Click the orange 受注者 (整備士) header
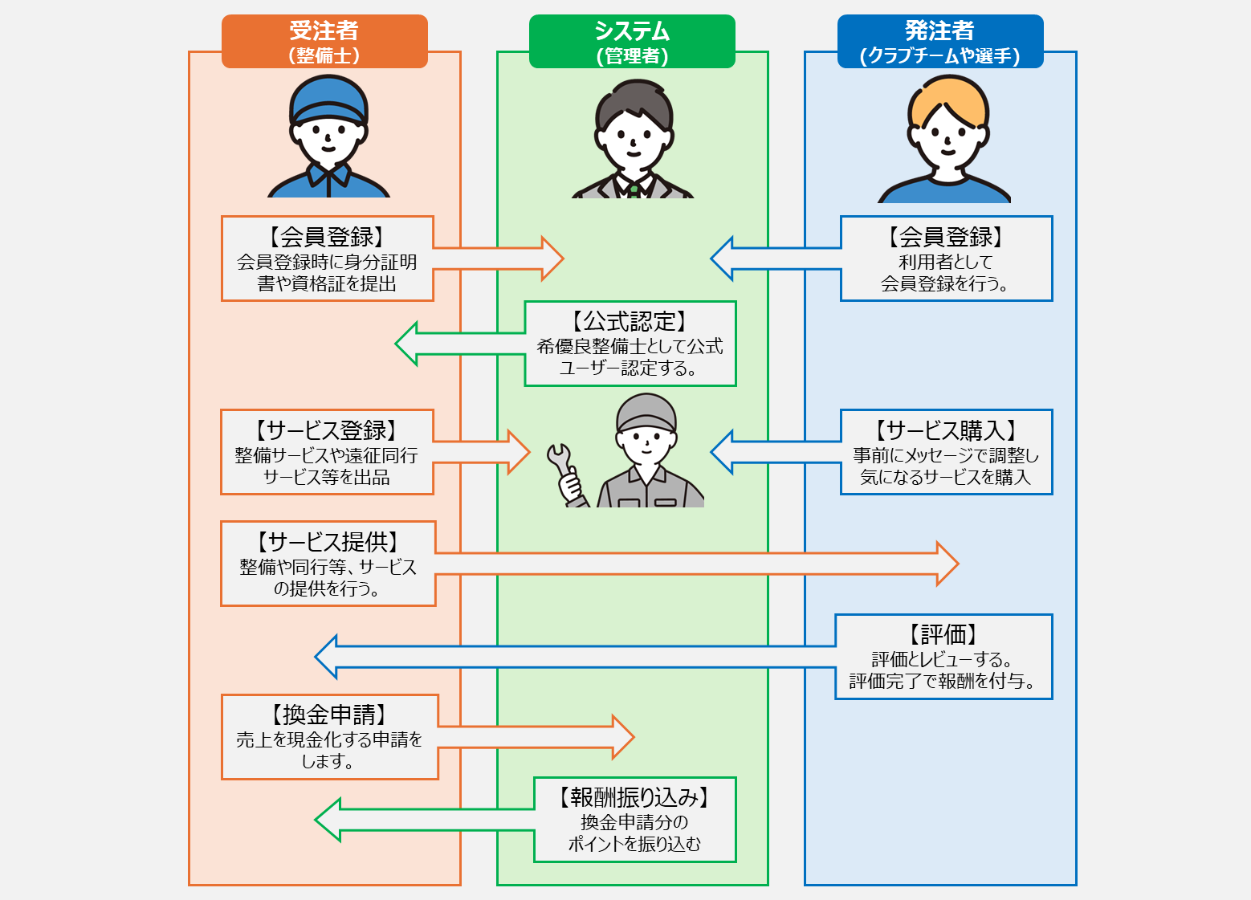[x=324, y=41]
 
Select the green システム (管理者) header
[x=632, y=41]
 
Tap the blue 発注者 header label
[x=939, y=41]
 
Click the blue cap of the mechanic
[x=328, y=98]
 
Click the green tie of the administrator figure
[x=634, y=191]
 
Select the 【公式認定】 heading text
[x=630, y=321]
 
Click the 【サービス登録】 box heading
[x=327, y=430]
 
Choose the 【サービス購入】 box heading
[x=946, y=430]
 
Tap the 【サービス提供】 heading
[x=328, y=542]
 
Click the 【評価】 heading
[x=943, y=634]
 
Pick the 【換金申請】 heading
[x=329, y=715]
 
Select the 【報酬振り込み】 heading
[x=634, y=797]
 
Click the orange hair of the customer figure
[x=948, y=99]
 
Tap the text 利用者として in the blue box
[x=946, y=262]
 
